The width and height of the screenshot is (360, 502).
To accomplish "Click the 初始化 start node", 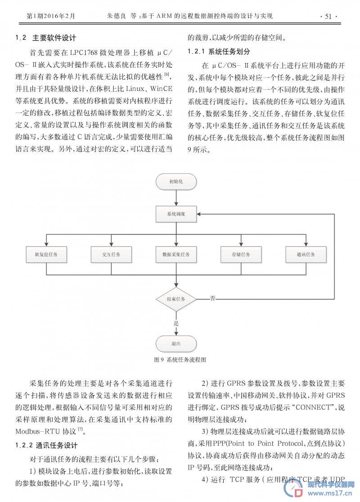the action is point(176,181).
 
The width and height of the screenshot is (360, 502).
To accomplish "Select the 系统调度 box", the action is point(176,214).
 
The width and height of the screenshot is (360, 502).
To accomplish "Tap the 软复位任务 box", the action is point(46,254).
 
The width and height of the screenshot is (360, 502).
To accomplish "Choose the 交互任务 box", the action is point(111,254).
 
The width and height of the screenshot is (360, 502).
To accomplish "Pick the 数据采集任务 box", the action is point(176,254).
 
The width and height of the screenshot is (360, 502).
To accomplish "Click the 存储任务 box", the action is point(241,254).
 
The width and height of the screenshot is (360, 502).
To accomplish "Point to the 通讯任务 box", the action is point(306,254).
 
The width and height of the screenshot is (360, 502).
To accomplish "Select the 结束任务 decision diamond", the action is point(176,299).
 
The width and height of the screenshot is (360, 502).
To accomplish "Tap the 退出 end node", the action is point(176,344).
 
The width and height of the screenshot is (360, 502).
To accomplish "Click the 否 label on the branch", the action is point(212,298).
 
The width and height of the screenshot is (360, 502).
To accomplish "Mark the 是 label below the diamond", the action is point(176,323).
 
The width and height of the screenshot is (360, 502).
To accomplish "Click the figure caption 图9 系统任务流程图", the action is point(180,360).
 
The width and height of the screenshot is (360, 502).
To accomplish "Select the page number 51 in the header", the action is point(328,16).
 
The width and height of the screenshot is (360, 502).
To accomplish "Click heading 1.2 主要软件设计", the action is point(46,38).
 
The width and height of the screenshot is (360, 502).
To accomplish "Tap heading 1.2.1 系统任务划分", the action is point(219,51).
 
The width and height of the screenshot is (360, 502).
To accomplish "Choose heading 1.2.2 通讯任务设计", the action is point(46,445).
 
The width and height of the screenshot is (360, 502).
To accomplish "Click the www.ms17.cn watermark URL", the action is point(330,493).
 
